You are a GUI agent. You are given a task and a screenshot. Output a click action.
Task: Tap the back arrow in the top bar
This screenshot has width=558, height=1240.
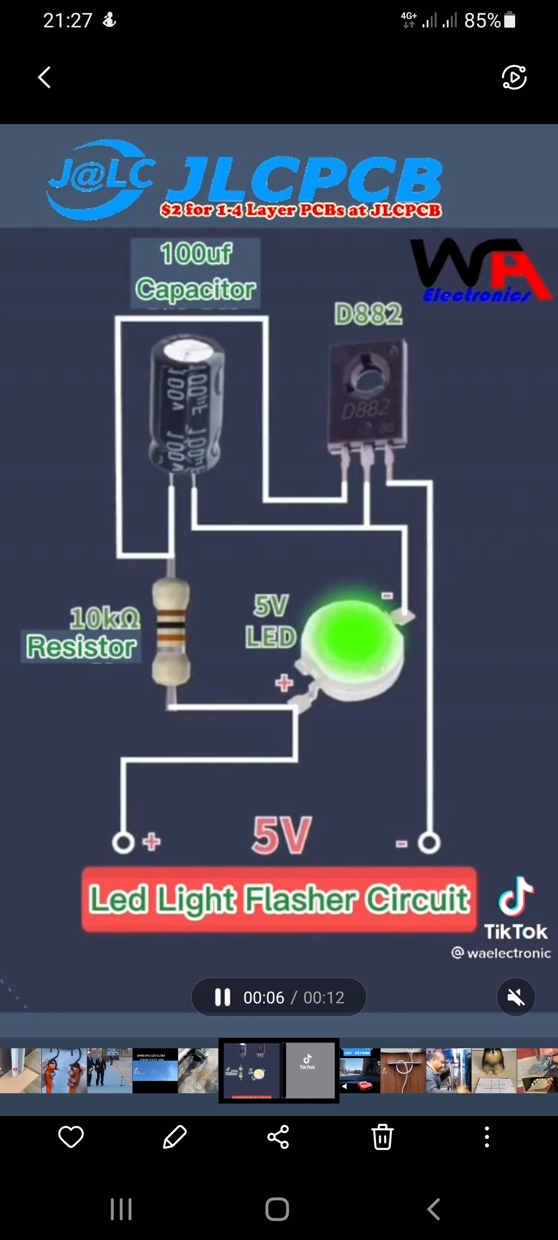(44, 78)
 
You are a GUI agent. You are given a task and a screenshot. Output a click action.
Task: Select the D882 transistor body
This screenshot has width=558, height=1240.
(368, 395)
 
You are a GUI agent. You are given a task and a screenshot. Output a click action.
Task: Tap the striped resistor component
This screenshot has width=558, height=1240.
(171, 632)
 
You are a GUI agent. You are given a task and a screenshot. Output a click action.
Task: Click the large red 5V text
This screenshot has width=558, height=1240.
(282, 835)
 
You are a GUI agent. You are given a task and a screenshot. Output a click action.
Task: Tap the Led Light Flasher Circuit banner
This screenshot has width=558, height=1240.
(279, 900)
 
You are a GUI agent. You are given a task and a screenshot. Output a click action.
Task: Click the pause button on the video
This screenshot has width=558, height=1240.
(223, 997)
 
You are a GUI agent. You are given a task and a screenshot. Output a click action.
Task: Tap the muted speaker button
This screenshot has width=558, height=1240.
(516, 997)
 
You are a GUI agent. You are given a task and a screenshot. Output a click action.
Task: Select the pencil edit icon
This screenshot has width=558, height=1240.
(175, 1137)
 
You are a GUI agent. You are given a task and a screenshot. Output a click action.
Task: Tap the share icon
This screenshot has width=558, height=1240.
(278, 1137)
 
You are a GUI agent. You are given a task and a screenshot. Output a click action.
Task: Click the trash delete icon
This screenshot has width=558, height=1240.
(382, 1137)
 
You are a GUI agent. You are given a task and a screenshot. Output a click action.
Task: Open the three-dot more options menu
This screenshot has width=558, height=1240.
(487, 1137)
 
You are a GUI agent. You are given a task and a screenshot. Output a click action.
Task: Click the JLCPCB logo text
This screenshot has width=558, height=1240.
(305, 181)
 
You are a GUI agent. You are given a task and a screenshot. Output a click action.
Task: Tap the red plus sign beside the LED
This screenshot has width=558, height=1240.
(284, 683)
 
